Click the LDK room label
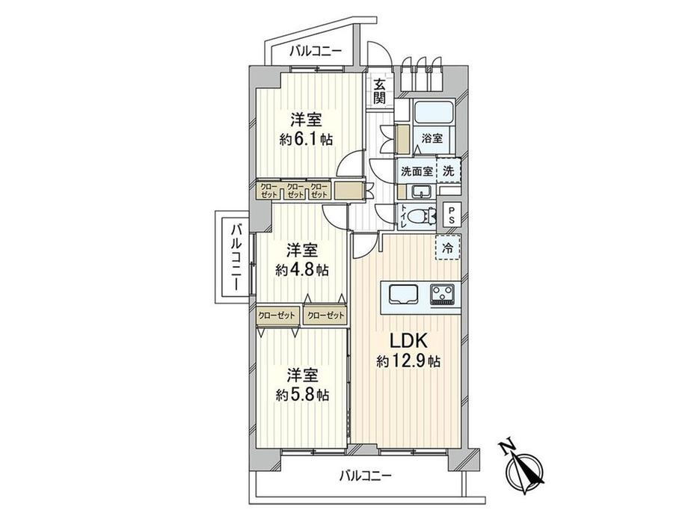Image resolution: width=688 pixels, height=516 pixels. click(408, 341)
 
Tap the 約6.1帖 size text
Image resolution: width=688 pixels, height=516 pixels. click(306, 140)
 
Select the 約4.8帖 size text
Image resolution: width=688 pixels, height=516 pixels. click(302, 269)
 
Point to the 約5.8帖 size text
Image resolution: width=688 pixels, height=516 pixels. click(302, 396)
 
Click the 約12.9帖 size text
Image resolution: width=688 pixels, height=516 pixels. click(408, 361)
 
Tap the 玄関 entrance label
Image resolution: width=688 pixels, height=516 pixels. click(380, 91)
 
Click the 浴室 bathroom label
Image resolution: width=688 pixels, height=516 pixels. click(432, 138)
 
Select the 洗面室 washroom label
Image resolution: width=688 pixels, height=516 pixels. click(417, 171)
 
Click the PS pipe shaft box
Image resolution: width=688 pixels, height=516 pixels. click(451, 215)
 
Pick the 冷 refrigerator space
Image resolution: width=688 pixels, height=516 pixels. click(448, 248)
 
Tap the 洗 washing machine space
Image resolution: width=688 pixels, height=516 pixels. click(449, 171)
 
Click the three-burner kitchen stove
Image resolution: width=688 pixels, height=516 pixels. click(443, 294)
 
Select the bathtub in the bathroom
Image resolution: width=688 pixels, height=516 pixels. click(435, 113)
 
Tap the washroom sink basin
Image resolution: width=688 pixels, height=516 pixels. click(422, 191)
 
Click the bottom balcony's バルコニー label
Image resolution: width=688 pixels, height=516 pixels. click(366, 475)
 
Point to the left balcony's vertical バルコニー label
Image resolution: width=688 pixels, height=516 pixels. click(236, 257)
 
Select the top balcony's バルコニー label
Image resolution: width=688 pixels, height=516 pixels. click(315, 52)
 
